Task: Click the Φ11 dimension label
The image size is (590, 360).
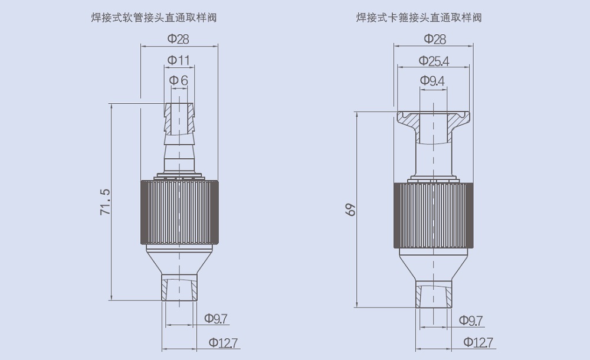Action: pyautogui.click(x=178, y=60)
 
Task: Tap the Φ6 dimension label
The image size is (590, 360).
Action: pyautogui.click(x=178, y=80)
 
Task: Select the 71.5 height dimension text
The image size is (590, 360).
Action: pyautogui.click(x=106, y=202)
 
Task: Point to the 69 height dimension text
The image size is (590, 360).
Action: pyautogui.click(x=350, y=210)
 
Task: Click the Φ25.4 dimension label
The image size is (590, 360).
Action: pyautogui.click(x=434, y=61)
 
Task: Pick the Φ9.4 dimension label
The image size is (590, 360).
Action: pyautogui.click(x=432, y=81)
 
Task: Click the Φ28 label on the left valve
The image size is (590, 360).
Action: pyautogui.click(x=178, y=39)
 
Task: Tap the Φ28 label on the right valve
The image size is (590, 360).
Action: pyautogui.click(x=435, y=39)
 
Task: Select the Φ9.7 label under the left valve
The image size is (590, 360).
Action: pyautogui.click(x=216, y=319)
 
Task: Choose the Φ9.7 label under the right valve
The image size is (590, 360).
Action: pyautogui.click(x=471, y=320)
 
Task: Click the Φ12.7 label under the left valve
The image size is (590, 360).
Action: pyautogui.click(x=224, y=343)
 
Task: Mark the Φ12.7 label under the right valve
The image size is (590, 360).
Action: pyautogui.click(x=478, y=342)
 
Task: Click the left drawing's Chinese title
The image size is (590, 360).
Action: pyautogui.click(x=154, y=17)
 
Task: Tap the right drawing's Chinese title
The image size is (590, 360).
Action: pyautogui.click(x=419, y=17)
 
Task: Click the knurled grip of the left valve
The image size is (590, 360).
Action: pyautogui.click(x=180, y=212)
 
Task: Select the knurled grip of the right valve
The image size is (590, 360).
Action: pyautogui.click(x=434, y=215)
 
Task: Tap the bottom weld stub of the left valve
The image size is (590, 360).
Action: pyautogui.click(x=179, y=287)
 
